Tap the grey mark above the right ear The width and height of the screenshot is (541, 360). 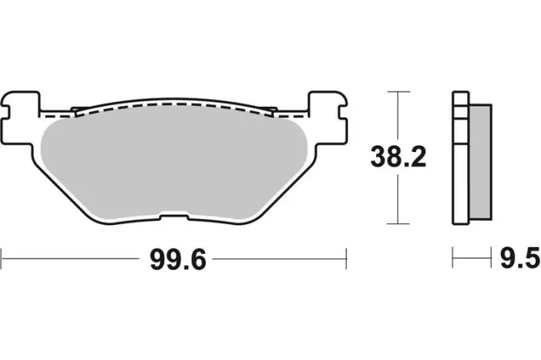(318, 87)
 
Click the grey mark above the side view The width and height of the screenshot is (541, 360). (458, 87)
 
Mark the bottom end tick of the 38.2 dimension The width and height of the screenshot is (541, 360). (396, 224)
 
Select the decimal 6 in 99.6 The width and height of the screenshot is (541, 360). (198, 260)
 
